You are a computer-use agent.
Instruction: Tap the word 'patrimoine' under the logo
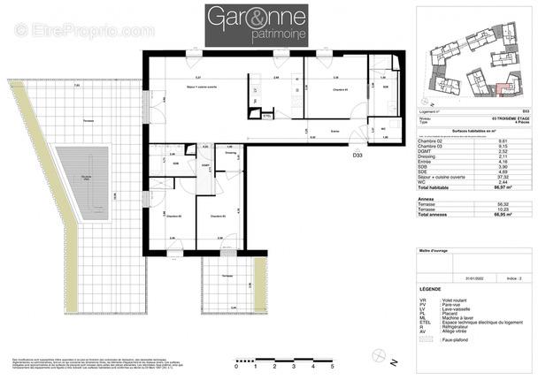pyautogui.click(x=257, y=35)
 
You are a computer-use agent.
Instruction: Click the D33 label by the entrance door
pyautogui.click(x=357, y=155)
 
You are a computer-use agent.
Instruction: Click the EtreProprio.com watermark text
pyautogui.click(x=84, y=31)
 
